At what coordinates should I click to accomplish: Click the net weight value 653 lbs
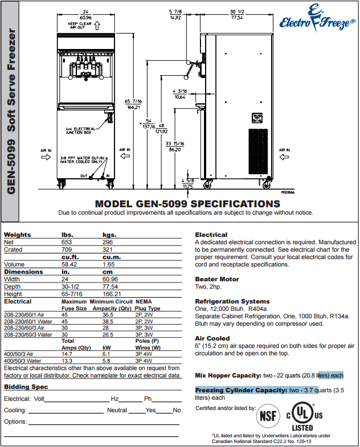pos(68,242)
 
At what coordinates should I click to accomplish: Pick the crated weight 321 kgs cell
pos(108,249)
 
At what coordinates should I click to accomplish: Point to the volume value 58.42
pos(69,264)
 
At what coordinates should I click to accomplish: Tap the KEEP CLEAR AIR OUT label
pos(80,26)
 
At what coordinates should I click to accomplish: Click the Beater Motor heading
pos(217,279)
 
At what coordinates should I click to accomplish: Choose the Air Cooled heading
pos(212,338)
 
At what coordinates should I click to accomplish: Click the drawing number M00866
pos(288,192)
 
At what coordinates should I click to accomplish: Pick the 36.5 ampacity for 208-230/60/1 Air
pos(108,314)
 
